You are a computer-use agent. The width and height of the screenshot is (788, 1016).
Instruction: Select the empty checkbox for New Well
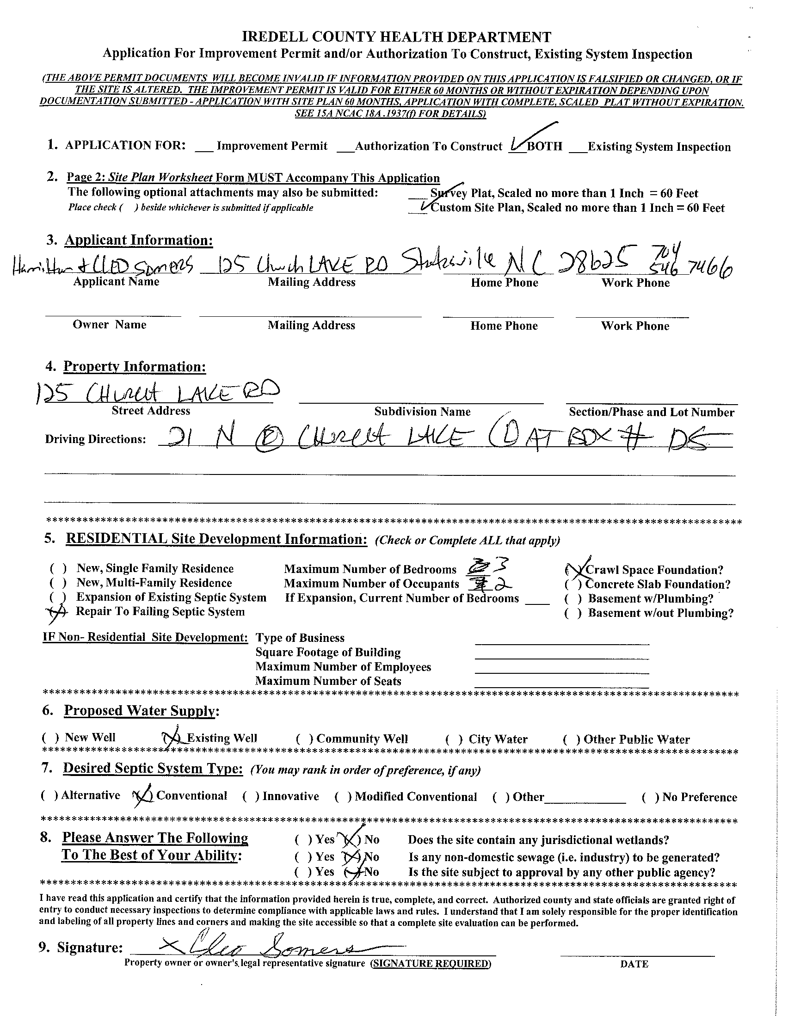tap(50, 738)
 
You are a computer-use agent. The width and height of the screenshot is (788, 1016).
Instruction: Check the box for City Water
tap(454, 739)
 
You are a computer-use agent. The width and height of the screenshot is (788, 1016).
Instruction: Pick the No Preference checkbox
tap(650, 797)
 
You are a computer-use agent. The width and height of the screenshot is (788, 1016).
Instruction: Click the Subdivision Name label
tap(422, 412)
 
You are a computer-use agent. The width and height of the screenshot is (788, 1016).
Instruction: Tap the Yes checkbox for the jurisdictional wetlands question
tap(303, 840)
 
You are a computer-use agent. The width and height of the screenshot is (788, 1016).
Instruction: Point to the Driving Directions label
tap(95, 440)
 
